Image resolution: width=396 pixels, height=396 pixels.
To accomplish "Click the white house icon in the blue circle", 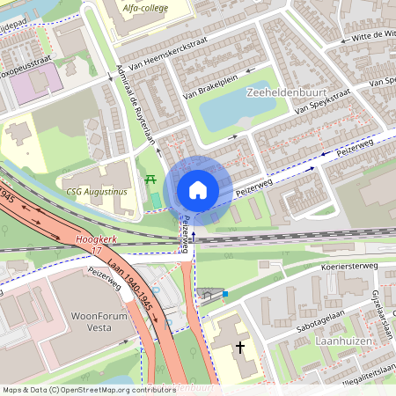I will click(x=198, y=189).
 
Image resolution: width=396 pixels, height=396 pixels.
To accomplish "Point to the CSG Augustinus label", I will click(x=96, y=190).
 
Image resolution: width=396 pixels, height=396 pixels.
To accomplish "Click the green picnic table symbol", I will click(x=151, y=179).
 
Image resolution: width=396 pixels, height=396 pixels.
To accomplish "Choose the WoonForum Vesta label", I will click(x=84, y=322).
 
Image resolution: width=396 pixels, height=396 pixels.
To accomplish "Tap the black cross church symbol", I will click(x=240, y=348).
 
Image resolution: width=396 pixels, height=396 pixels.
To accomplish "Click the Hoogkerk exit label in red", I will click(x=98, y=238).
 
